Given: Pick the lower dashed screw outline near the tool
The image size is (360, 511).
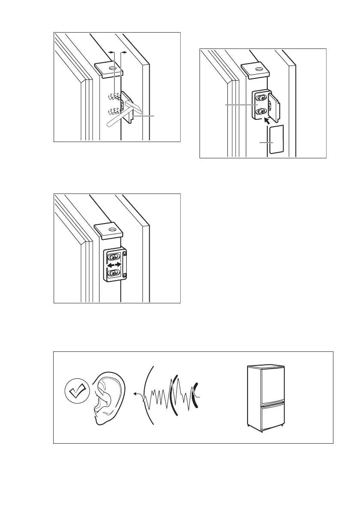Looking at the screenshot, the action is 114,112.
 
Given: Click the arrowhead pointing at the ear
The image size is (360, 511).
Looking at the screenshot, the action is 135,393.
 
